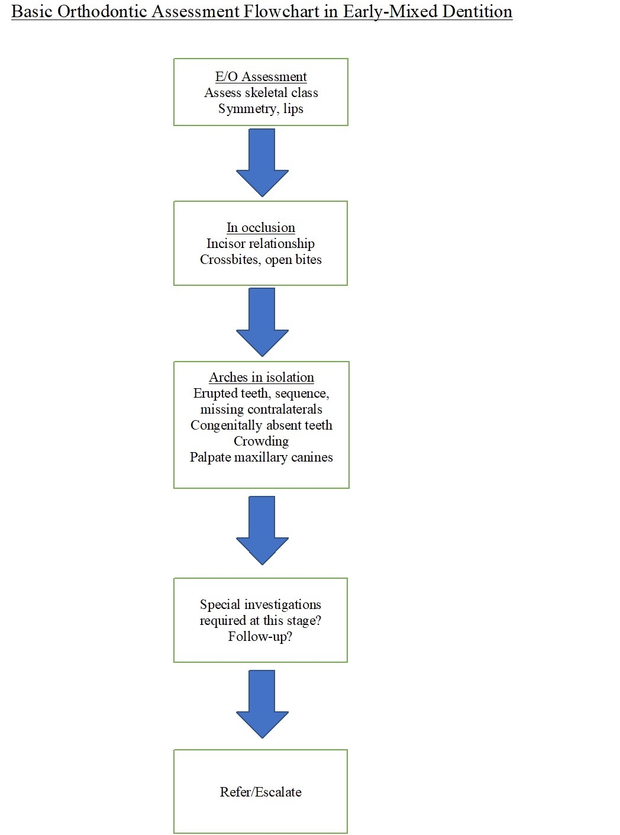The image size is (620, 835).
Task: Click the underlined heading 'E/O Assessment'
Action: [261, 77]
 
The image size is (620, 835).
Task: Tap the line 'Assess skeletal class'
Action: [261, 93]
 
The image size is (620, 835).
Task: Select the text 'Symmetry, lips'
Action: [261, 109]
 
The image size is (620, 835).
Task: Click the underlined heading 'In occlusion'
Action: [261, 228]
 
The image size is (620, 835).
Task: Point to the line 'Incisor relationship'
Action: [261, 244]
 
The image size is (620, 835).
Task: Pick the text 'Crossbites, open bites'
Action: [261, 260]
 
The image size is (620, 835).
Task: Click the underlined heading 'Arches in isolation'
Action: [261, 378]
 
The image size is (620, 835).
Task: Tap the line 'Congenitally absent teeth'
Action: [261, 425]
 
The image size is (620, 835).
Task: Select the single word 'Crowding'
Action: [261, 441]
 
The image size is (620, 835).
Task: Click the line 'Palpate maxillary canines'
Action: [261, 457]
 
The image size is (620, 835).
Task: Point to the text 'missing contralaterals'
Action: [261, 410]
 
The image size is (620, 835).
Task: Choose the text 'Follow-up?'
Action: [260, 637]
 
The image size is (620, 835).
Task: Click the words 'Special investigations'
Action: [260, 605]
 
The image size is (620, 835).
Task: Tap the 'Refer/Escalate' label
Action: [261, 792]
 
